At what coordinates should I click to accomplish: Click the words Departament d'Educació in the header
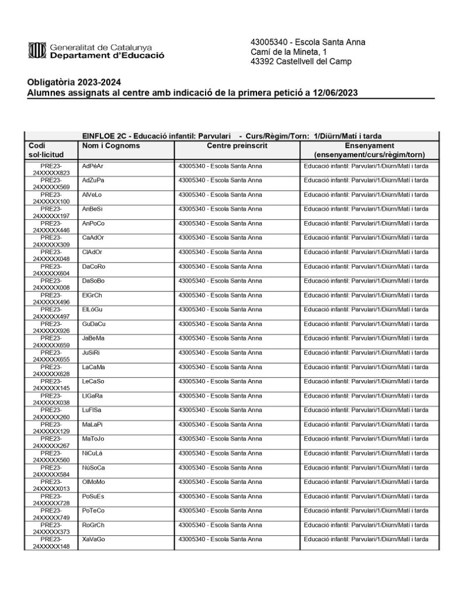coord(107,56)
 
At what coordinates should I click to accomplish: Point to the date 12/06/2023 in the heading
coord(335,92)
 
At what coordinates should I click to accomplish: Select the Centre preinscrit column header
coord(237,146)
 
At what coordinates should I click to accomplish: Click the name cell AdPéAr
coord(93,166)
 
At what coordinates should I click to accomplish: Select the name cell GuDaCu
coord(94,323)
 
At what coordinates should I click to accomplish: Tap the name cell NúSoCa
coord(93,467)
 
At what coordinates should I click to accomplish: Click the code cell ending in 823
coord(51,169)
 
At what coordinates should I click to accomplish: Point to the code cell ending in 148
coord(51,542)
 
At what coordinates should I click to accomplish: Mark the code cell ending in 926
coord(51,327)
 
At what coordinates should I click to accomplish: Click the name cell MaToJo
coord(93,438)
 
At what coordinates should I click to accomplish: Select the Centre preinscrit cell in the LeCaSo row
coord(220,381)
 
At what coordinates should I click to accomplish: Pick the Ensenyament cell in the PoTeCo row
coord(366,510)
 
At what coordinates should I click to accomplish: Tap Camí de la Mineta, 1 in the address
coord(289,52)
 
